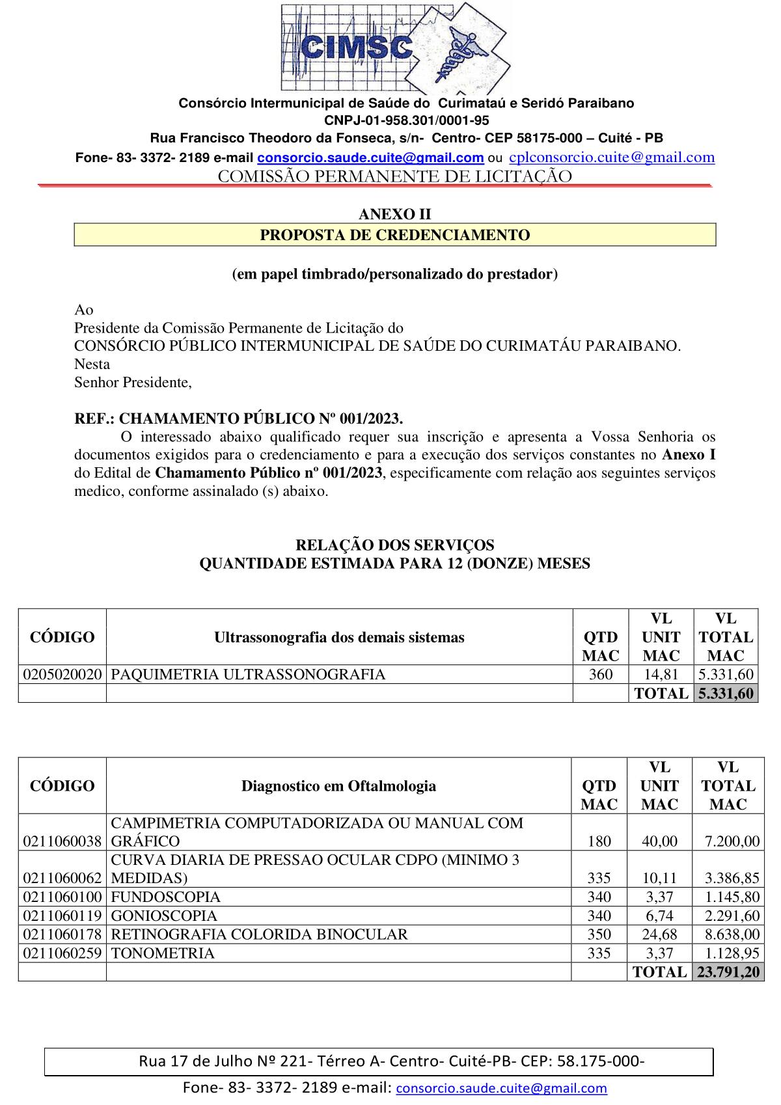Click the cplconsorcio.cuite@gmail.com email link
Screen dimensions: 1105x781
[612, 157]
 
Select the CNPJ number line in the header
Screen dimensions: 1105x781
[406, 120]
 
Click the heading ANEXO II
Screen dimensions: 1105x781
[395, 214]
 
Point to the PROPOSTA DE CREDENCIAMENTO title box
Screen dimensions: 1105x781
[395, 235]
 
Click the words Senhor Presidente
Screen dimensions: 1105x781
[133, 382]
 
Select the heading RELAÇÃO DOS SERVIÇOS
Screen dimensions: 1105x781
[395, 545]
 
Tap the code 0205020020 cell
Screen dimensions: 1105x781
[62, 674]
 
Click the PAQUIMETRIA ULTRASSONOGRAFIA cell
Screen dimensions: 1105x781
[248, 674]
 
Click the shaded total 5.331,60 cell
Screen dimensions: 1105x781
[726, 694]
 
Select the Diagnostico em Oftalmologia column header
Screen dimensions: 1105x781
[338, 785]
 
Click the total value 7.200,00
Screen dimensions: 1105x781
[732, 841]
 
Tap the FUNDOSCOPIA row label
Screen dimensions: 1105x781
[166, 897]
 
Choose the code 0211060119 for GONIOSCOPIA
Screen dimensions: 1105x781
[62, 916]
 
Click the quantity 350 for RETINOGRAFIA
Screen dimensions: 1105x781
[599, 934]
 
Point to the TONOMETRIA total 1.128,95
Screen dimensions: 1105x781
[732, 953]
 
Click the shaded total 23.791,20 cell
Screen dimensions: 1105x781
[728, 972]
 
